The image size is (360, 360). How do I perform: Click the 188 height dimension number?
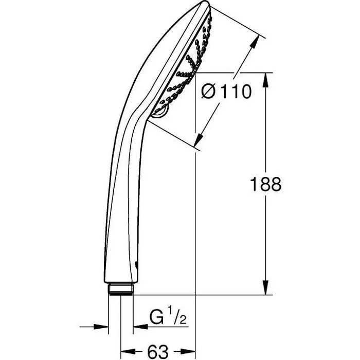(266, 184)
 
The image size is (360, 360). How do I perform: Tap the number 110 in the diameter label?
(235, 92)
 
